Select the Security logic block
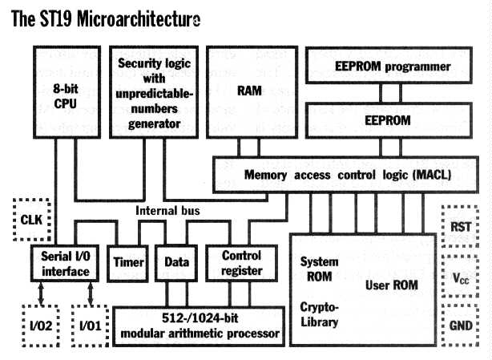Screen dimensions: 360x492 tap(155, 92)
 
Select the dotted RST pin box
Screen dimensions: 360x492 tap(460, 226)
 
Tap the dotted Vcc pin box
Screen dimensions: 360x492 tap(460, 278)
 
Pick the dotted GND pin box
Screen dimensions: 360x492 tap(460, 327)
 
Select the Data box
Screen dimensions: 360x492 tap(175, 261)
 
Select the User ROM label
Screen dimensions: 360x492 tap(392, 285)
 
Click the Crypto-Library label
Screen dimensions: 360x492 tap(319, 315)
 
